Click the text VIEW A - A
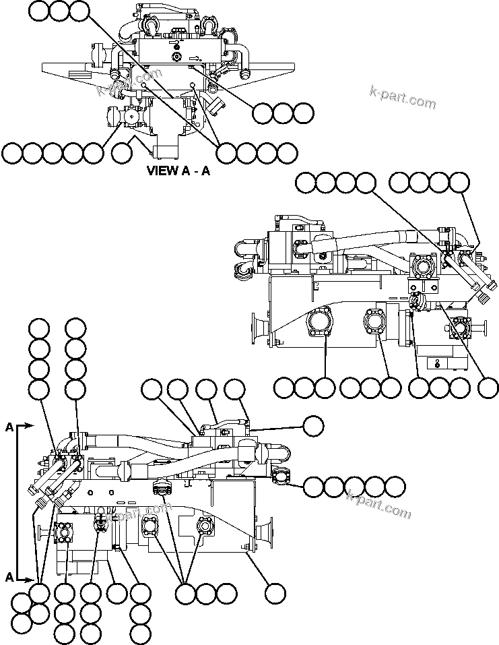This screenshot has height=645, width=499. (x=178, y=171)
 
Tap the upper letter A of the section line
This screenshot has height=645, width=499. (x=9, y=427)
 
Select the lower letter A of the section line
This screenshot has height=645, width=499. (x=9, y=577)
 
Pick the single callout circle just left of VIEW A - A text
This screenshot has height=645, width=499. (x=122, y=153)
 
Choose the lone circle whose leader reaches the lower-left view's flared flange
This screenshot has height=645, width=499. (x=275, y=593)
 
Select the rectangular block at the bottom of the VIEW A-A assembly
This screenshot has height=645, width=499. (x=165, y=147)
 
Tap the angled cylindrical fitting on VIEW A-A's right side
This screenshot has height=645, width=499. (x=216, y=105)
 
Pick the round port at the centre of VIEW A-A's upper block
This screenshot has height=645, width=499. (x=176, y=57)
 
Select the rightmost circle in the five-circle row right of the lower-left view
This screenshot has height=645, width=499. (x=395, y=487)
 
